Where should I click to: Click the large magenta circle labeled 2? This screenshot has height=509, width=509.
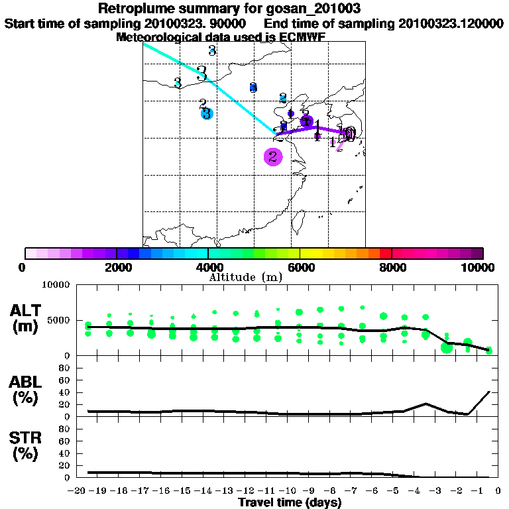point(273,157)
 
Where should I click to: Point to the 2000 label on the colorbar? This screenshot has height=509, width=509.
point(117,268)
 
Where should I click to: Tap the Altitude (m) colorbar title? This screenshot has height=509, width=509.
point(246,278)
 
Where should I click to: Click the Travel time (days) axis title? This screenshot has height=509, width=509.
point(290,503)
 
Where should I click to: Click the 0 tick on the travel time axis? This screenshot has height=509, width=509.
point(494,491)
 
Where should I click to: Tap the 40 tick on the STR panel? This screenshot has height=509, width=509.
point(65,453)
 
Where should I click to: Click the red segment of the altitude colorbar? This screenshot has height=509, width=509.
point(385,253)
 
